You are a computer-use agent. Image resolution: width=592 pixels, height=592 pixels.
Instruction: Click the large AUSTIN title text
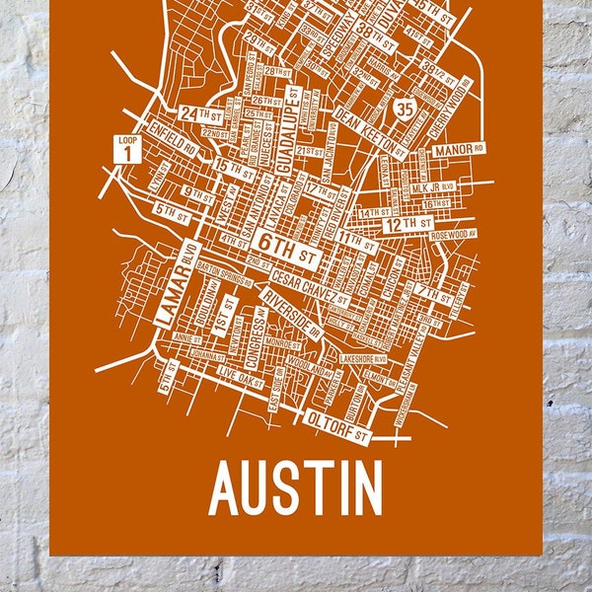click(296, 488)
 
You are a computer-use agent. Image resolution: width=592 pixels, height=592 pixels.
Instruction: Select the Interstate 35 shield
click(402, 106)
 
